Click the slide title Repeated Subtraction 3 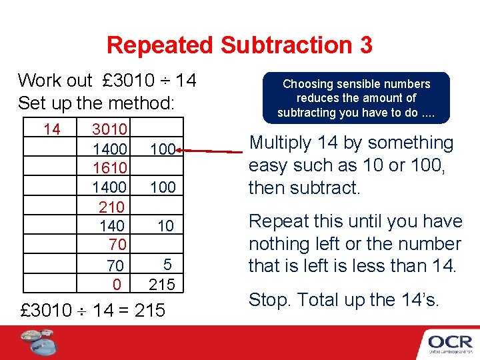coord(239,45)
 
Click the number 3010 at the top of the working coord(110,128)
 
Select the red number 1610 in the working coord(110,167)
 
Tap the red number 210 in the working coord(111,207)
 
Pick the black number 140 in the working coord(111,226)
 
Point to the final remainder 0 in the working coord(117,285)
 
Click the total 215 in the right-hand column coord(161,285)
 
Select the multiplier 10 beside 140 coord(165,226)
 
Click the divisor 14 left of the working coord(51,128)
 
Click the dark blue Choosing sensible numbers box coord(356,98)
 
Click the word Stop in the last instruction coord(269,301)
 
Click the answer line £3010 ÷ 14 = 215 coord(93,310)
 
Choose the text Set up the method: coord(96,103)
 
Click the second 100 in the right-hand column coord(162,187)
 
